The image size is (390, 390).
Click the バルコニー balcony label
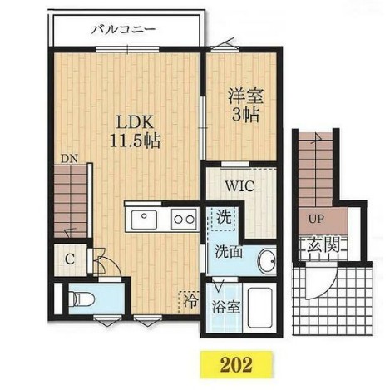tap(124, 29)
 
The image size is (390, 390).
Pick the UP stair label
tap(316, 220)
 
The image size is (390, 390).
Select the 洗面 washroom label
tap(229, 251)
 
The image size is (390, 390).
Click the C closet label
tap(70, 259)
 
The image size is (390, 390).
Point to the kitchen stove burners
tap(183, 219)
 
